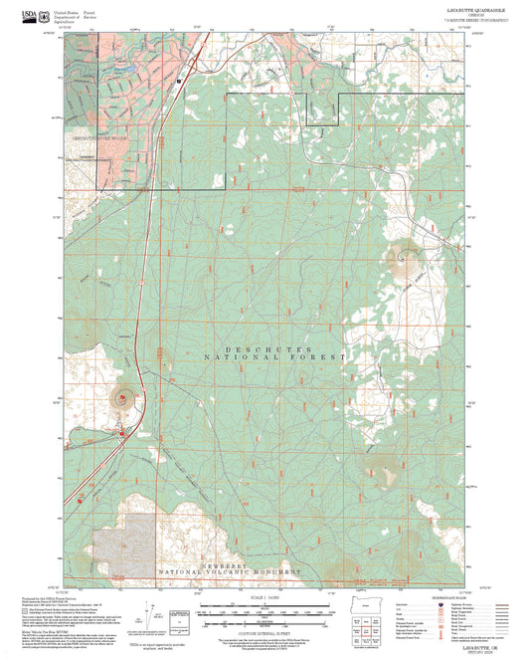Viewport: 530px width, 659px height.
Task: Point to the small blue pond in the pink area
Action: tap(128, 70)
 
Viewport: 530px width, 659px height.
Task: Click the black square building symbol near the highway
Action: tap(179, 80)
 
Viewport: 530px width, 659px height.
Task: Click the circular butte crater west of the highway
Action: tap(124, 397)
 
